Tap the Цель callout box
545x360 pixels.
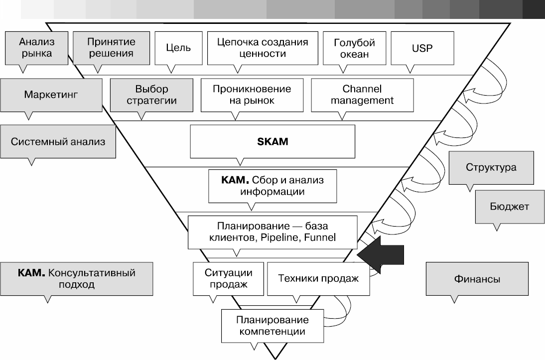point(178,48)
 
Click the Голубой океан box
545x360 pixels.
point(355,48)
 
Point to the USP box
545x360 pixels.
point(422,48)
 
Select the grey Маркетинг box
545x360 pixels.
point(51,94)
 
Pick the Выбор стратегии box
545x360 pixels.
point(151,95)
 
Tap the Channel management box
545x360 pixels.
point(362,95)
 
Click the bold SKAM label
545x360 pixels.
point(272,141)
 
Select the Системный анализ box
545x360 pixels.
point(58,141)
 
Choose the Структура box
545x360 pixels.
point(491,167)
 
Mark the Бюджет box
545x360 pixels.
point(509,206)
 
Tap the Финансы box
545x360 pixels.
point(477,279)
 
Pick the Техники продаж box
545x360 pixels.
point(318,278)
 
